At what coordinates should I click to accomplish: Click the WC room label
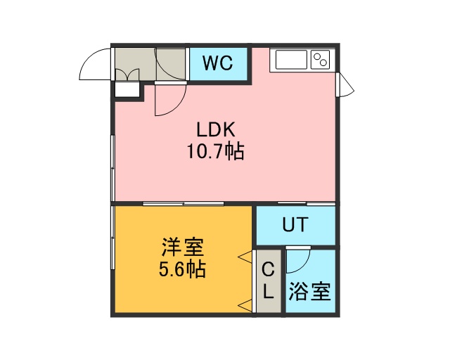218,63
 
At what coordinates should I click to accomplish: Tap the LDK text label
216,129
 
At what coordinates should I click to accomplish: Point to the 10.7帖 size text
216,151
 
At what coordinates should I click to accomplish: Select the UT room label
295,224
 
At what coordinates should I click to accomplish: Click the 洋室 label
183,247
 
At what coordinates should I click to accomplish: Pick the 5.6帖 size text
182,269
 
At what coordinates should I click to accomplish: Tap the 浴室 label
309,292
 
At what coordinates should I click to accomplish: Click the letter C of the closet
269,270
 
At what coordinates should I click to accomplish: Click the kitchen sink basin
291,60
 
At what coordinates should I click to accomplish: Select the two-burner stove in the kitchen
321,60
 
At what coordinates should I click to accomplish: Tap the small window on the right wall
345,85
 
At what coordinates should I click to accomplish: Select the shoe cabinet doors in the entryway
127,74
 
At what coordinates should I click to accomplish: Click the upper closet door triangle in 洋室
245,257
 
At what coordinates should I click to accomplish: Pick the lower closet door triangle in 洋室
245,305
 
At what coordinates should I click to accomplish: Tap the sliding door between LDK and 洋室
184,203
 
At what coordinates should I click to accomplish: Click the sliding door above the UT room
307,203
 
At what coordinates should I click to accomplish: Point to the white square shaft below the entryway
127,89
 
